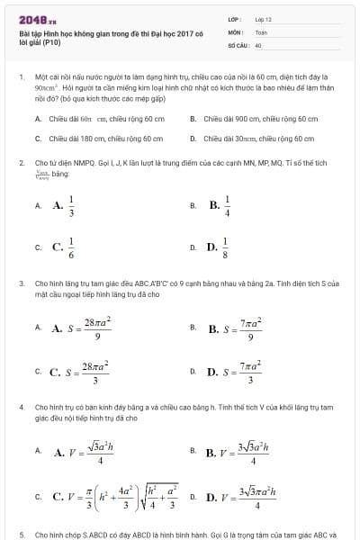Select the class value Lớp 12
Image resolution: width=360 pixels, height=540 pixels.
(x=263, y=19)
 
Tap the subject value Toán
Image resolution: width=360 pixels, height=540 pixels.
(x=261, y=31)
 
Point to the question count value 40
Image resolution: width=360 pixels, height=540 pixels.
(x=258, y=44)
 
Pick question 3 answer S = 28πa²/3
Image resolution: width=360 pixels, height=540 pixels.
(x=84, y=371)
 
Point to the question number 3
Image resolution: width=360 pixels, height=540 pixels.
(x=22, y=283)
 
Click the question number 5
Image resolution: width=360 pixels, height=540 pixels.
(x=22, y=534)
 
